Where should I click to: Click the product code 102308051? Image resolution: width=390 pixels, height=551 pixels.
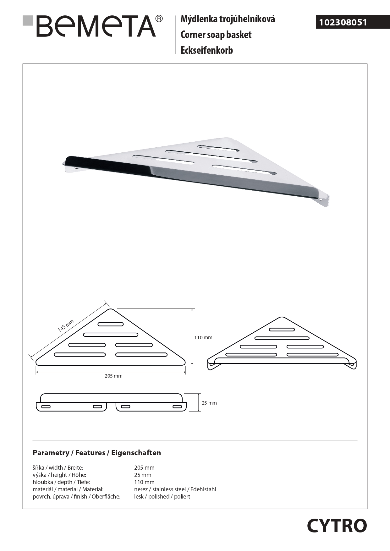343,23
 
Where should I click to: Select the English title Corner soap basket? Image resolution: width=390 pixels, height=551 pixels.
216,35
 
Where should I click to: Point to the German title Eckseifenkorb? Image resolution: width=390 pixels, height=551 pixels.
206,50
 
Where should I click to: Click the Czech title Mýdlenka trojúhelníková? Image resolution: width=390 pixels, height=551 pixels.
228,19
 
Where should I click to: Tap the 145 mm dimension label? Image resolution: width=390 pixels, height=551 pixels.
66,325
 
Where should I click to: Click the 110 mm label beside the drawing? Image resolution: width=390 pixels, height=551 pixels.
203,338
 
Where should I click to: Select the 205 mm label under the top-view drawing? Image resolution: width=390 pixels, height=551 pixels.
113,376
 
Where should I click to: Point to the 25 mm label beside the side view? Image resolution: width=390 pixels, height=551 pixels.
209,403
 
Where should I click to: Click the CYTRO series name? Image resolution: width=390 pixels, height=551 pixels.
337,526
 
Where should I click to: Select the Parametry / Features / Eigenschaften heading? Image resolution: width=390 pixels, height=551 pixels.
97,453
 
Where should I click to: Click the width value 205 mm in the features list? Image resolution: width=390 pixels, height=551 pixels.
144,468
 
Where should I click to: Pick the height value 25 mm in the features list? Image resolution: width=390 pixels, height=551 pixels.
143,475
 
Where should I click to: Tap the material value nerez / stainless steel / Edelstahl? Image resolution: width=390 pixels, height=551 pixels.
175,489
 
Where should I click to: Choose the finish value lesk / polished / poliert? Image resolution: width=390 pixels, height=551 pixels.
162,497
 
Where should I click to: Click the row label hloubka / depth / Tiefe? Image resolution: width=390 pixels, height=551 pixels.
61,482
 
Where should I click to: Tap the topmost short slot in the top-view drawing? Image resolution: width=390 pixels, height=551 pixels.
111,324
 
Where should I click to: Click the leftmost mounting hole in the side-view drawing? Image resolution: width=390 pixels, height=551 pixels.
46,407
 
